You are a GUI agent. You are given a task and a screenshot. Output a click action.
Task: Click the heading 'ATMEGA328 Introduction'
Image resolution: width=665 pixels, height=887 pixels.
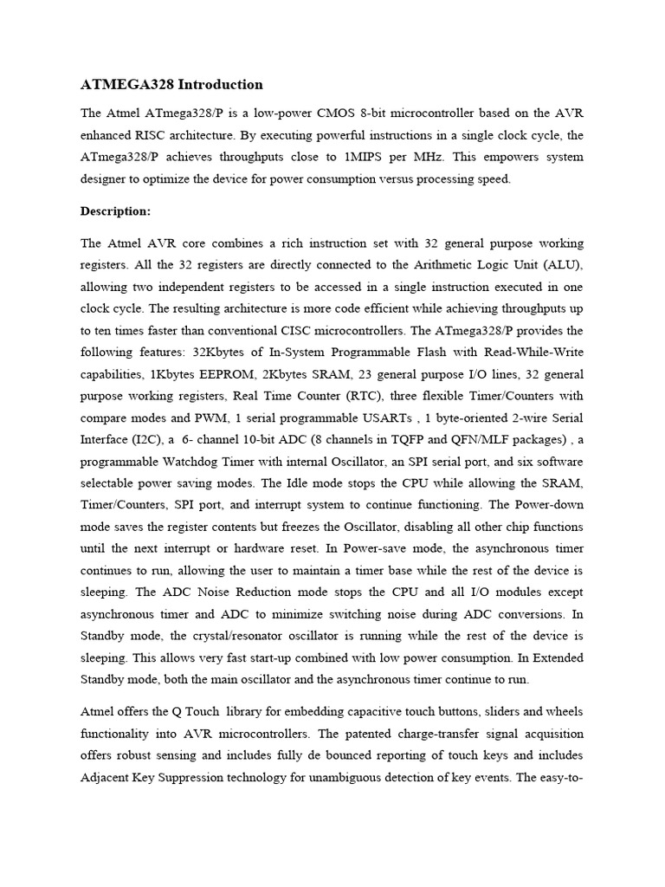(x=171, y=85)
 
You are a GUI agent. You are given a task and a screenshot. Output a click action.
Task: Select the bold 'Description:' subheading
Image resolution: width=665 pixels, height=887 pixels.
(x=115, y=210)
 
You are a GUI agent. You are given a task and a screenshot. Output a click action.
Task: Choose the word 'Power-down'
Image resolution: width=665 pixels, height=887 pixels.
(x=549, y=505)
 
